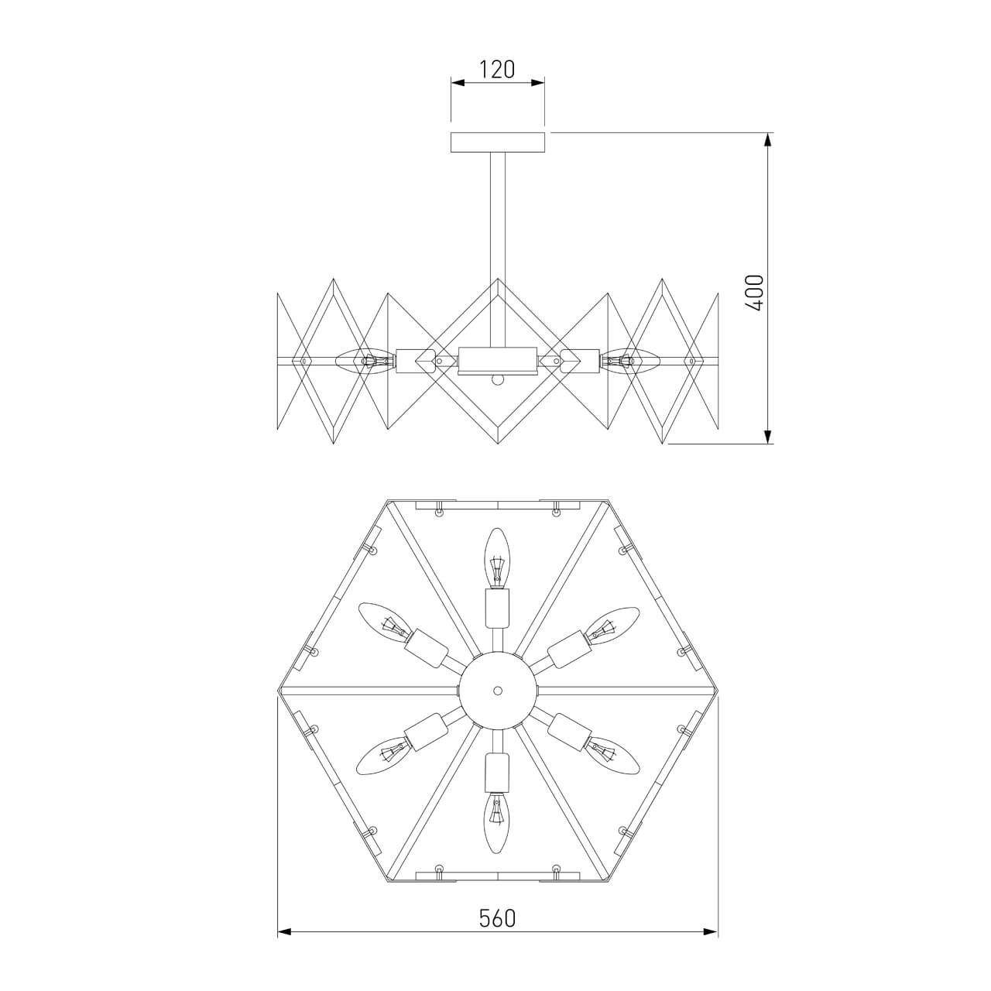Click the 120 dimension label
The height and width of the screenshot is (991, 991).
497,70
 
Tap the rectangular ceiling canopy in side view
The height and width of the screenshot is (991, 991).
498,142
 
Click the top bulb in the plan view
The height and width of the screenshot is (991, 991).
497,557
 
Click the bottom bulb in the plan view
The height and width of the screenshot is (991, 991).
497,822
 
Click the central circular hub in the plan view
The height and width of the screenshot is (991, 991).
497,689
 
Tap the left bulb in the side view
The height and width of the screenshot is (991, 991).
357,360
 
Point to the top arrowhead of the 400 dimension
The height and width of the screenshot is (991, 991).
767,140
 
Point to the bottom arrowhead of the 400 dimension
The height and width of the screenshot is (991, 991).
767,437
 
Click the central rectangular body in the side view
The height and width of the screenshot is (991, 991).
497,360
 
